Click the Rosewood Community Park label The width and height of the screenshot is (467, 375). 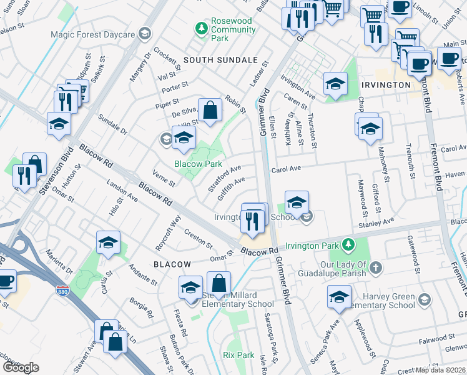pyautogui.click(x=232, y=29)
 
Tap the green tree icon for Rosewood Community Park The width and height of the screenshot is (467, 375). pyautogui.click(x=201, y=27)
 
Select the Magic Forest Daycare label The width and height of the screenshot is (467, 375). pyautogui.click(x=93, y=34)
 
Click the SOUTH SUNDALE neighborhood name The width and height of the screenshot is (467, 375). pyautogui.click(x=220, y=59)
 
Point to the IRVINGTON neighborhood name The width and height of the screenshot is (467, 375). pyautogui.click(x=385, y=84)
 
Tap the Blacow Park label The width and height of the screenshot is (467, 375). pyautogui.click(x=198, y=164)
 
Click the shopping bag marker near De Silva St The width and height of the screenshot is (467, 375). pyautogui.click(x=210, y=111)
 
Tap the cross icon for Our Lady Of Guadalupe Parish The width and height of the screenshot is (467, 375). pyautogui.click(x=375, y=268)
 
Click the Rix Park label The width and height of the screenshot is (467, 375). pyautogui.click(x=238, y=355)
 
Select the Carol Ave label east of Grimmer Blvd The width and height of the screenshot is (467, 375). pyautogui.click(x=286, y=169)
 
